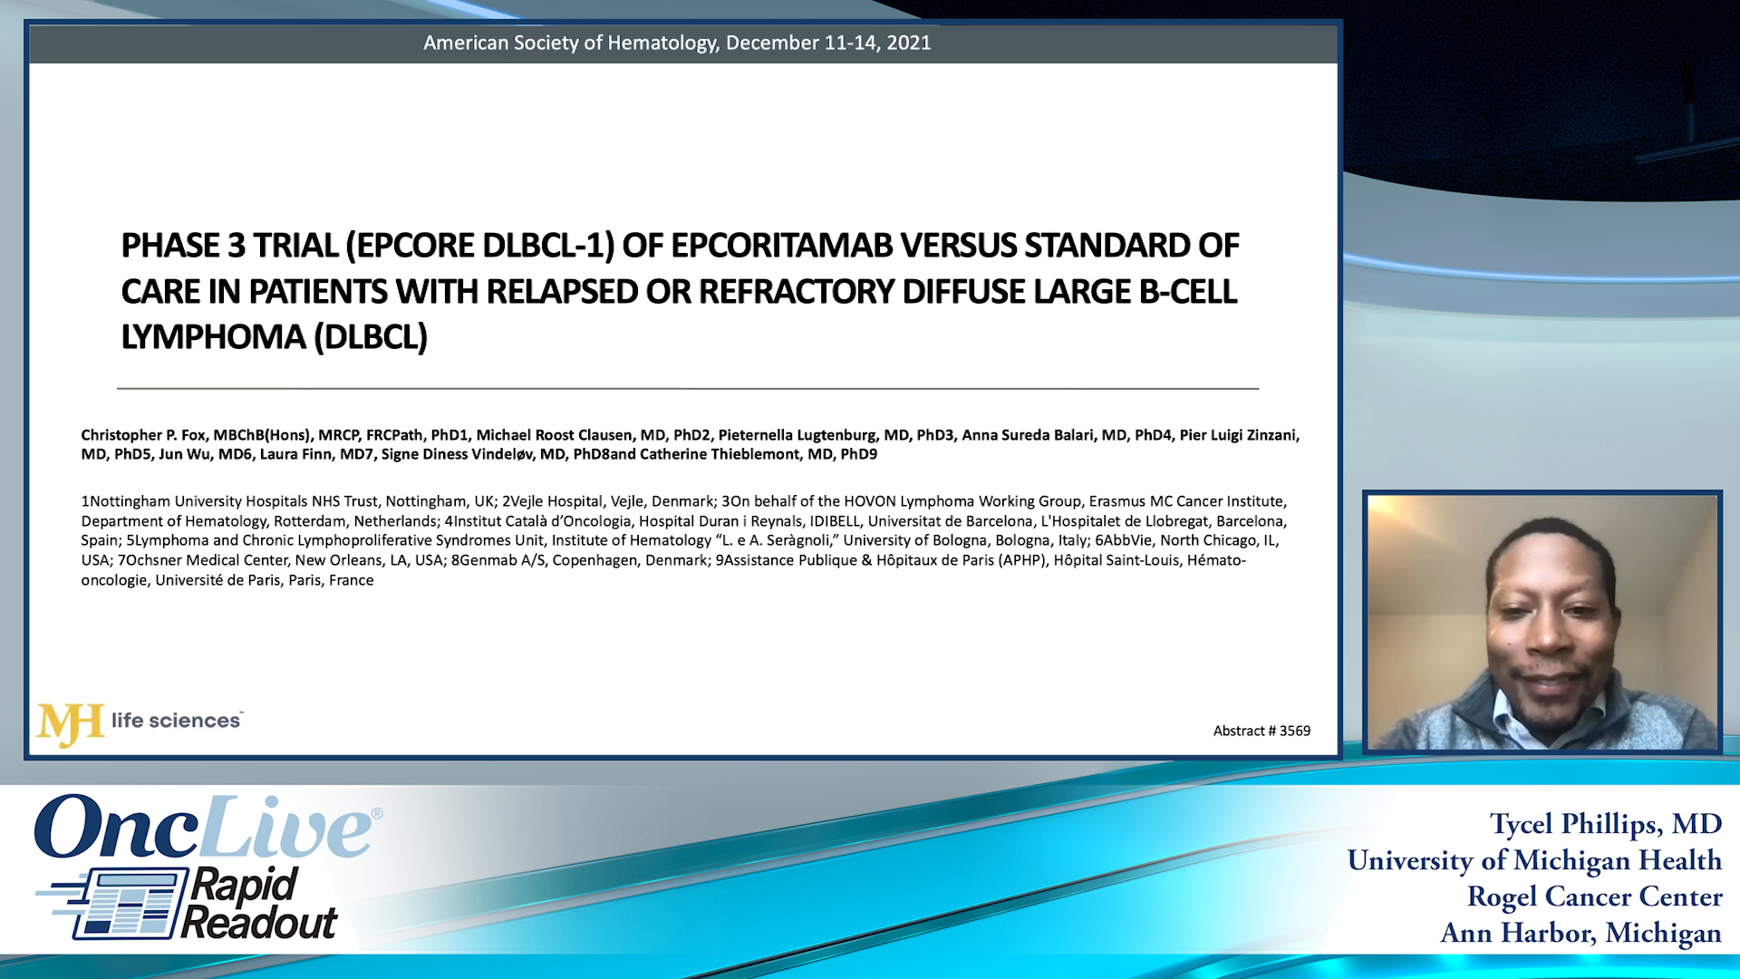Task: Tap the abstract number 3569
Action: [x=1294, y=731]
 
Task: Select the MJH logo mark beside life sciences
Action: [x=70, y=723]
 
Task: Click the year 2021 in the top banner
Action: [x=909, y=43]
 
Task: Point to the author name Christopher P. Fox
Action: [x=143, y=435]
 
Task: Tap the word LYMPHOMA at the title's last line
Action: [x=213, y=337]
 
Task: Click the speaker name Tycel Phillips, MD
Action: [x=1605, y=823]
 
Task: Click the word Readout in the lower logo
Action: [x=259, y=924]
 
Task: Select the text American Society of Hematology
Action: [x=571, y=43]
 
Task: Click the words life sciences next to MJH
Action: [x=176, y=721]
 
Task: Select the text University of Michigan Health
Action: [x=1533, y=859]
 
